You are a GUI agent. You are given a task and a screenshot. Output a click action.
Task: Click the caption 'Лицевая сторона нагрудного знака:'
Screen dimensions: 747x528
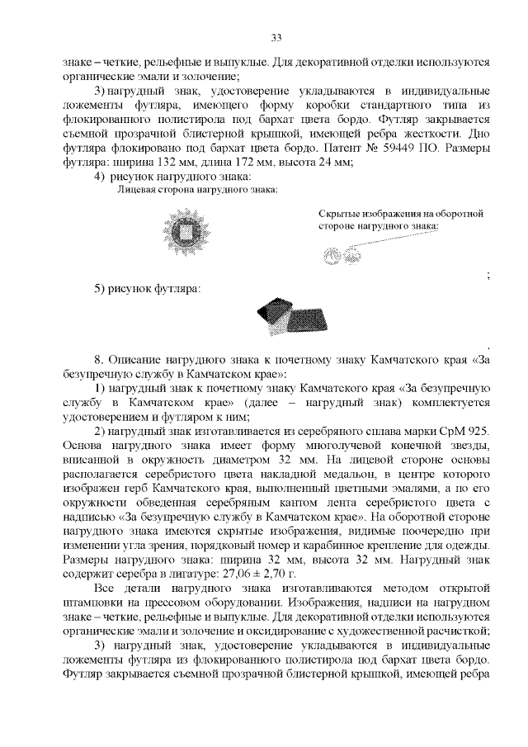(x=197, y=190)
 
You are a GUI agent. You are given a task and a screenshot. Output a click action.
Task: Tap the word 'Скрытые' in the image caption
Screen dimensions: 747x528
(x=340, y=213)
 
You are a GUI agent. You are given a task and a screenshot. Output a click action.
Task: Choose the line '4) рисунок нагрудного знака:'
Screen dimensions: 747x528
(x=172, y=176)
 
